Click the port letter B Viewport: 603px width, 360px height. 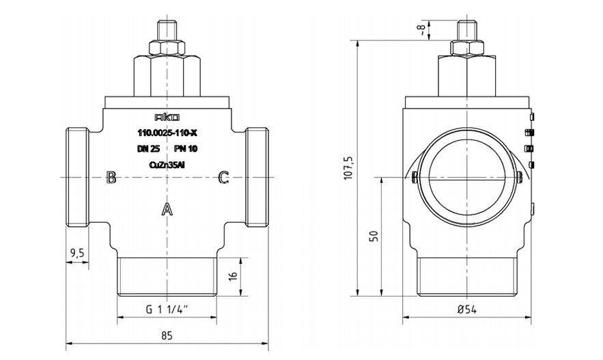pyautogui.click(x=111, y=178)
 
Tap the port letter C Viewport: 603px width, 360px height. pyautogui.click(x=224, y=178)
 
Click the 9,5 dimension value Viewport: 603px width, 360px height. pyautogui.click(x=77, y=253)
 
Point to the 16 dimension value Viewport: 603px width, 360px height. pyautogui.click(x=233, y=275)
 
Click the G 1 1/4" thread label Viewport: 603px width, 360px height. pyautogui.click(x=167, y=309)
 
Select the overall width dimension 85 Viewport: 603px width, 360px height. pyautogui.click(x=167, y=335)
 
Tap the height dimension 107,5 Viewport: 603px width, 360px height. pyautogui.click(x=348, y=167)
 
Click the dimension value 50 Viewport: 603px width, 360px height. pyautogui.click(x=374, y=236)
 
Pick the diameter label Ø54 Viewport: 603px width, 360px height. pyautogui.click(x=467, y=309)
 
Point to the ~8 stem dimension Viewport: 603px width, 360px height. pyautogui.click(x=423, y=30)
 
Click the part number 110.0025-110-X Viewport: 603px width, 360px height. pyautogui.click(x=167, y=133)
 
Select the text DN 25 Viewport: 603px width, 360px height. pyautogui.click(x=148, y=149)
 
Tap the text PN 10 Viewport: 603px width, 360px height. pyautogui.click(x=186, y=149)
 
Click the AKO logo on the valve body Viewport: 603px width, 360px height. pyautogui.click(x=167, y=117)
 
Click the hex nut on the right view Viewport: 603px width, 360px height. pyautogui.click(x=467, y=47)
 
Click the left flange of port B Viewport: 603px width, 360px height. pyautogui.click(x=77, y=178)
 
